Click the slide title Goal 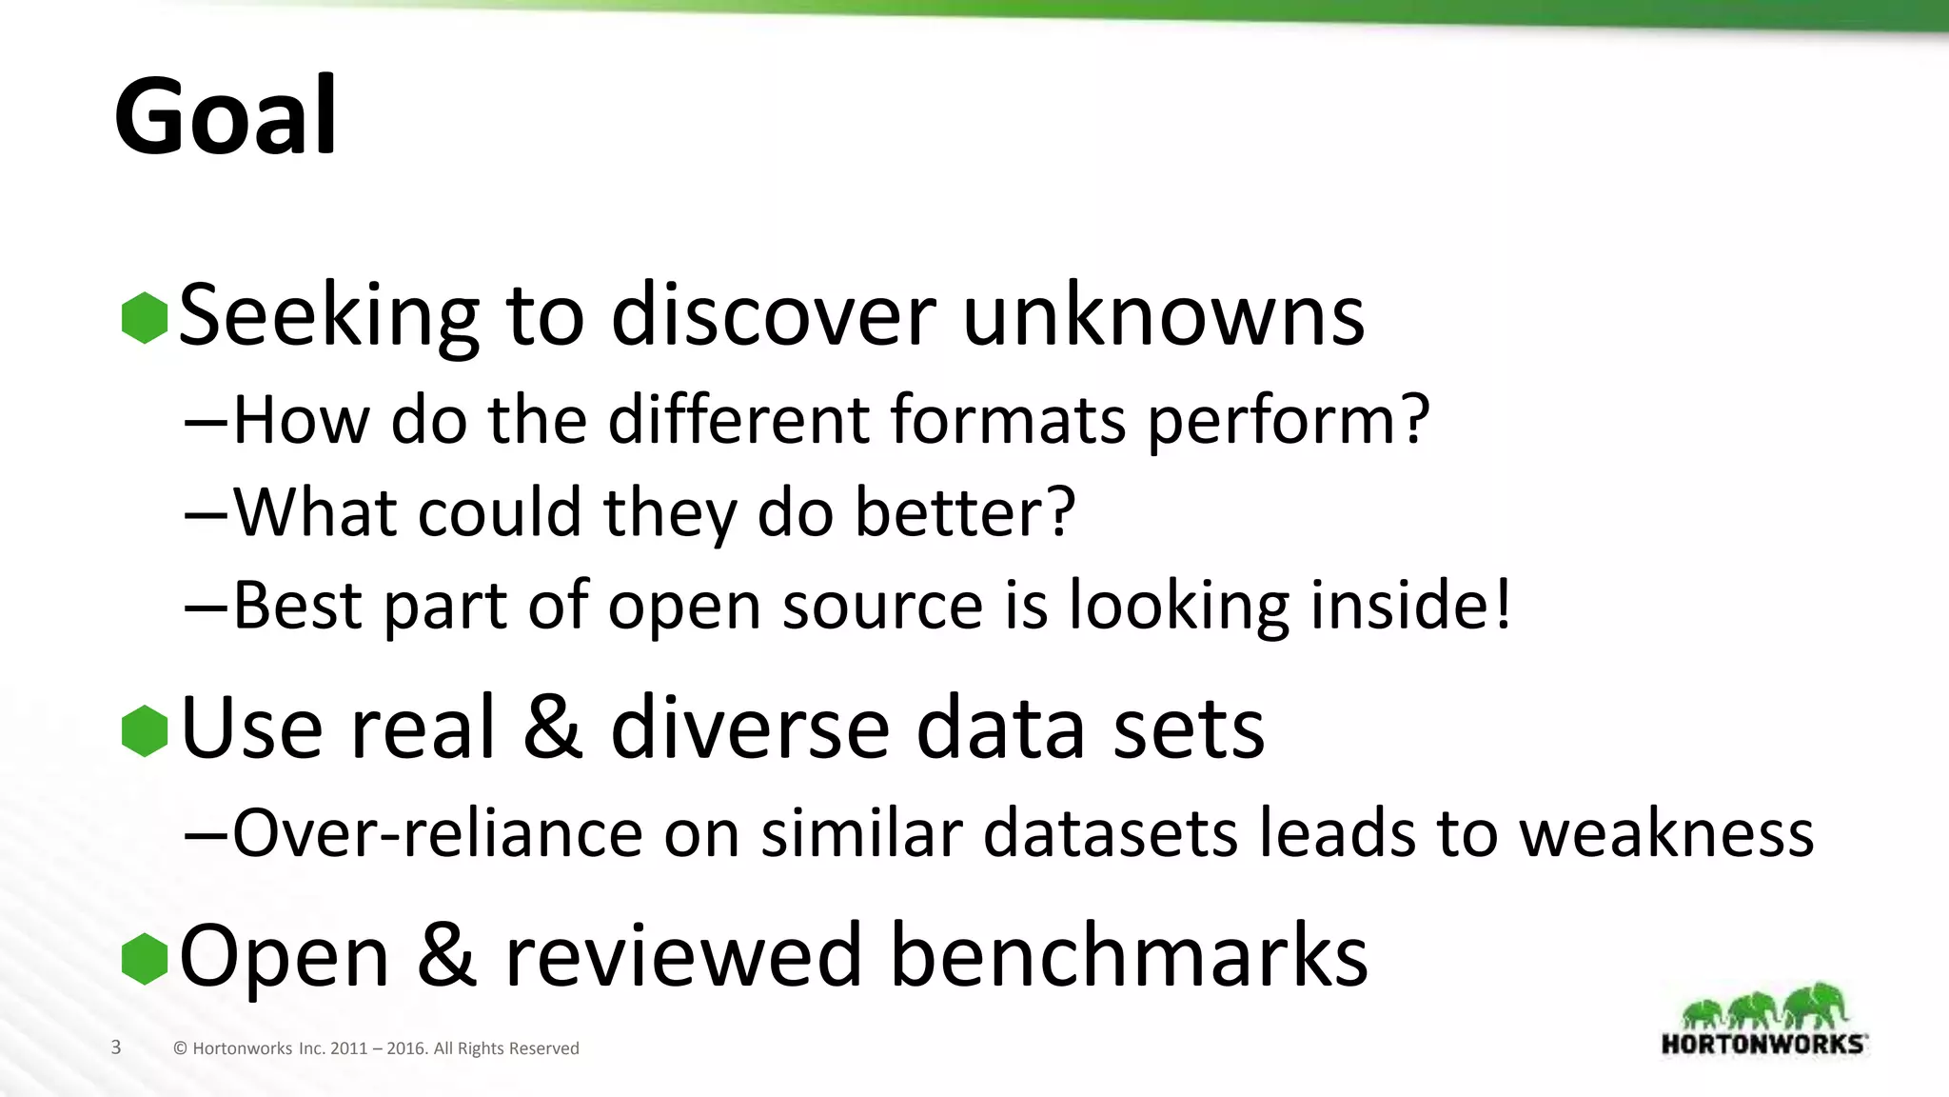click(x=226, y=117)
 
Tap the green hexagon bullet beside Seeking click(x=145, y=318)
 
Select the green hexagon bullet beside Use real click(x=145, y=731)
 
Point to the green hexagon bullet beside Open click(x=145, y=958)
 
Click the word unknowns click(x=1163, y=316)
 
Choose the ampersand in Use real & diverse click(x=553, y=728)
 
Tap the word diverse click(x=749, y=728)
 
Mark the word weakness click(x=1665, y=833)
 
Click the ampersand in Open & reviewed click(x=446, y=956)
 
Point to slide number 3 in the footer click(x=116, y=1047)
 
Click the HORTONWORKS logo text click(x=1762, y=1044)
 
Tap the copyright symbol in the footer click(x=180, y=1048)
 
